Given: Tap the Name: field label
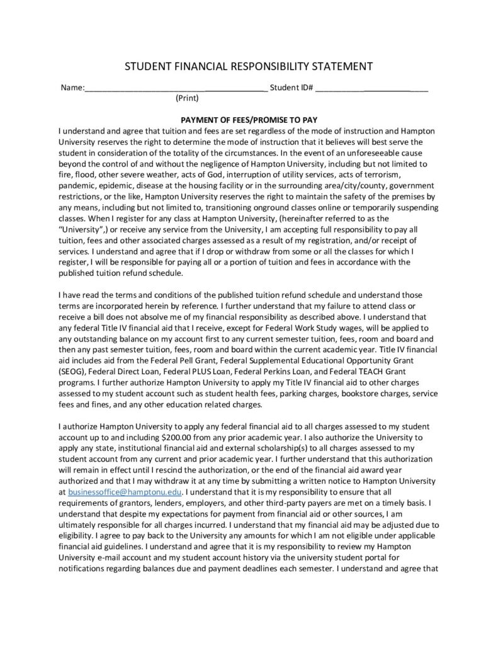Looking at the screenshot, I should click(x=72, y=88).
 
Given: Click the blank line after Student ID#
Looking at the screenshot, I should click(x=371, y=90).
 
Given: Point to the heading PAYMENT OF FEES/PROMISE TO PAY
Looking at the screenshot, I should click(x=249, y=120).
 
